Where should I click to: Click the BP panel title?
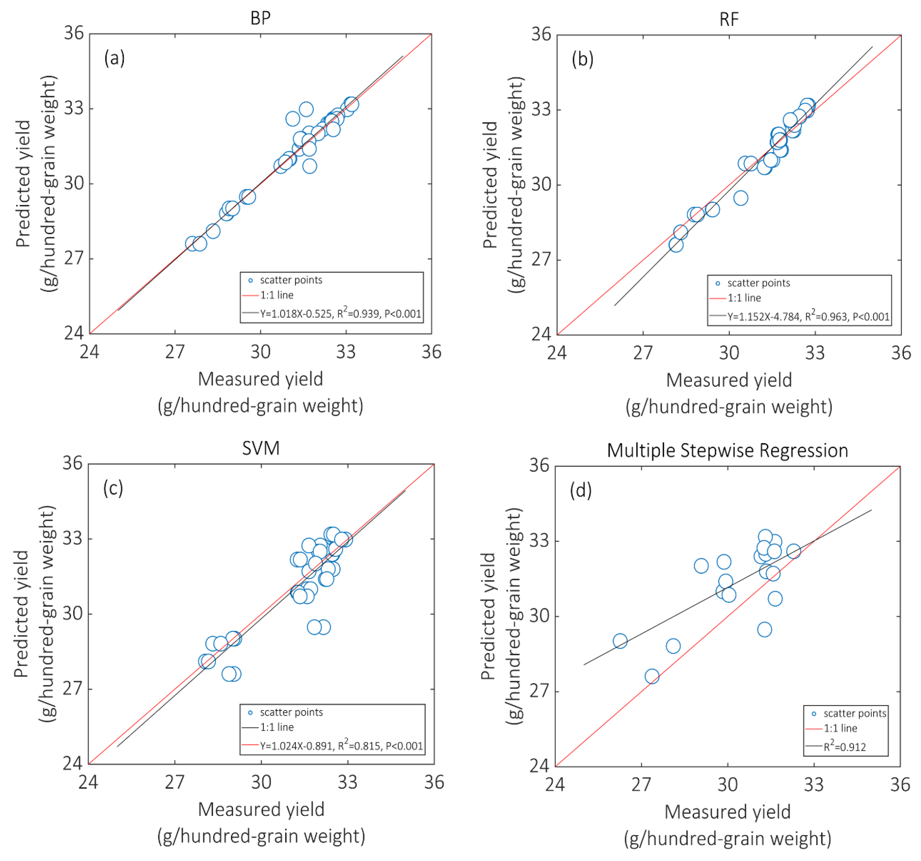pos(260,18)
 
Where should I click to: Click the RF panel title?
pos(729,19)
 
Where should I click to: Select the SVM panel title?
pos(261,448)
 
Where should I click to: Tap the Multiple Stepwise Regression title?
pos(727,450)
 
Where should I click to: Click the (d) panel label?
pos(580,490)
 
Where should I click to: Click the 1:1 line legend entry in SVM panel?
pos(276,727)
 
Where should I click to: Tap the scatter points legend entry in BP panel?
pos(291,280)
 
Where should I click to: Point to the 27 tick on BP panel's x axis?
pos(175,352)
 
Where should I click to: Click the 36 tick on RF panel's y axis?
pos(541,34)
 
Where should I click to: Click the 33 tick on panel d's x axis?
pos(814,785)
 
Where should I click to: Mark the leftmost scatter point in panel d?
pos(620,641)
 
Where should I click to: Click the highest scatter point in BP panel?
pos(306,109)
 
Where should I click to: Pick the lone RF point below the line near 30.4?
pos(741,198)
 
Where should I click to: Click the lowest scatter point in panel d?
pos(652,676)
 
